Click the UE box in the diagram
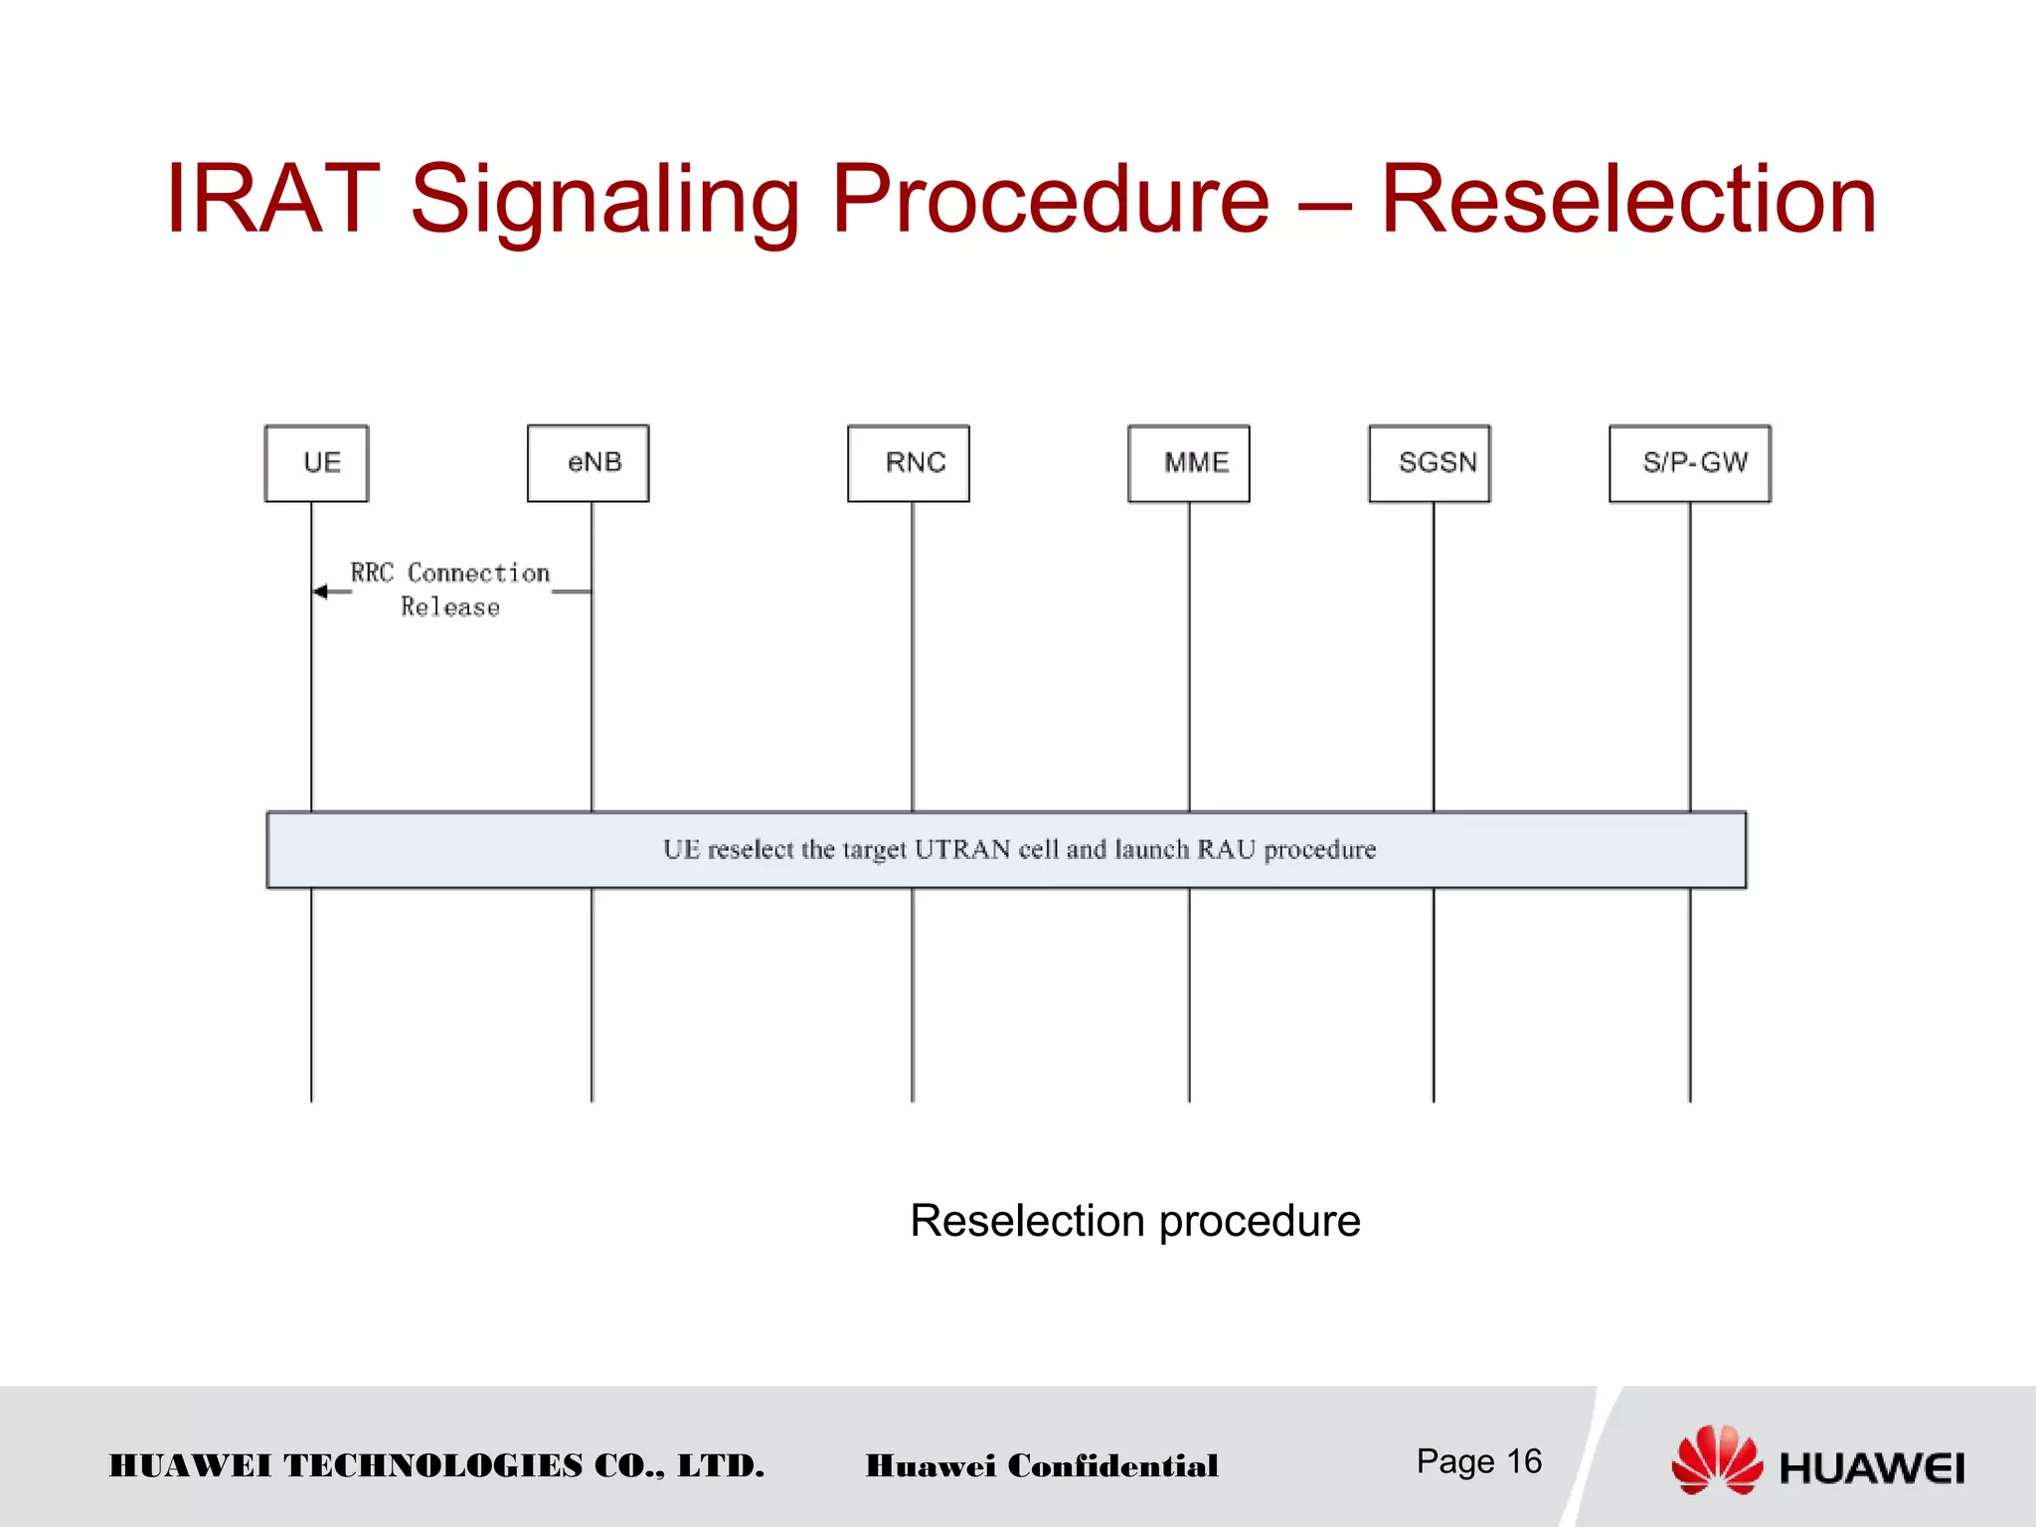click(x=317, y=463)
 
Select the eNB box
click(x=589, y=463)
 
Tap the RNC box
click(x=909, y=463)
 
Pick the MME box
click(x=1189, y=463)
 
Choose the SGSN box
click(x=1431, y=463)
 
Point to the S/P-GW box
click(x=1690, y=463)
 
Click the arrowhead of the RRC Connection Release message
click(x=320, y=592)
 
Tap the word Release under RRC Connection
click(x=450, y=607)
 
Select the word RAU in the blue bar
click(x=1226, y=850)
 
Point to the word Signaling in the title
click(x=604, y=201)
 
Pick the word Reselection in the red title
click(x=1628, y=201)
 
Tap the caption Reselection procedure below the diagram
click(x=1134, y=1221)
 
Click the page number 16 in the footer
click(x=1524, y=1461)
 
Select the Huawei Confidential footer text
click(x=1042, y=1465)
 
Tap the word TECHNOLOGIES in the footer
click(x=433, y=1465)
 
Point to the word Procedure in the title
click(x=1050, y=201)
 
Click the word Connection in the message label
click(x=479, y=574)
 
